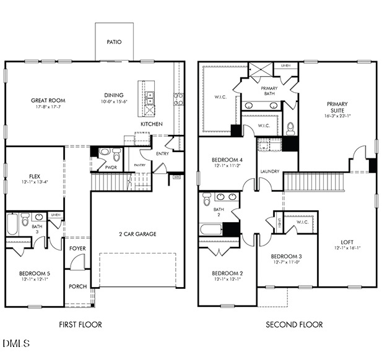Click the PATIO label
113,43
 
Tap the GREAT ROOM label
48,100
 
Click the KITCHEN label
152,124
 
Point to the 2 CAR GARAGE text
137,234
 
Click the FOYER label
77,249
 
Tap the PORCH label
77,286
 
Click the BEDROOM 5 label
34,273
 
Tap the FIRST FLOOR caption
80,325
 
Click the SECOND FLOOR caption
294,325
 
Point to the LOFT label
347,242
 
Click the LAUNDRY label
269,171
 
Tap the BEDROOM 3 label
287,256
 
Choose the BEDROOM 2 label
227,273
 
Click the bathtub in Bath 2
211,229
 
